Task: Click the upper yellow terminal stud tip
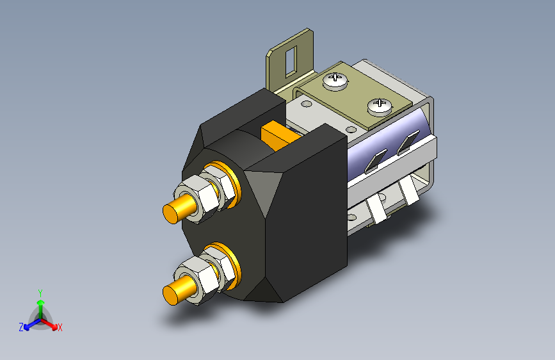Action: [x=170, y=214]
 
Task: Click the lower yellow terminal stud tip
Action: [x=170, y=295]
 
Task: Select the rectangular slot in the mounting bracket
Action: [x=291, y=61]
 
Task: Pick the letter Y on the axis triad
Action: [x=40, y=293]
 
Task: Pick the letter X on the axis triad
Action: [x=60, y=328]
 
